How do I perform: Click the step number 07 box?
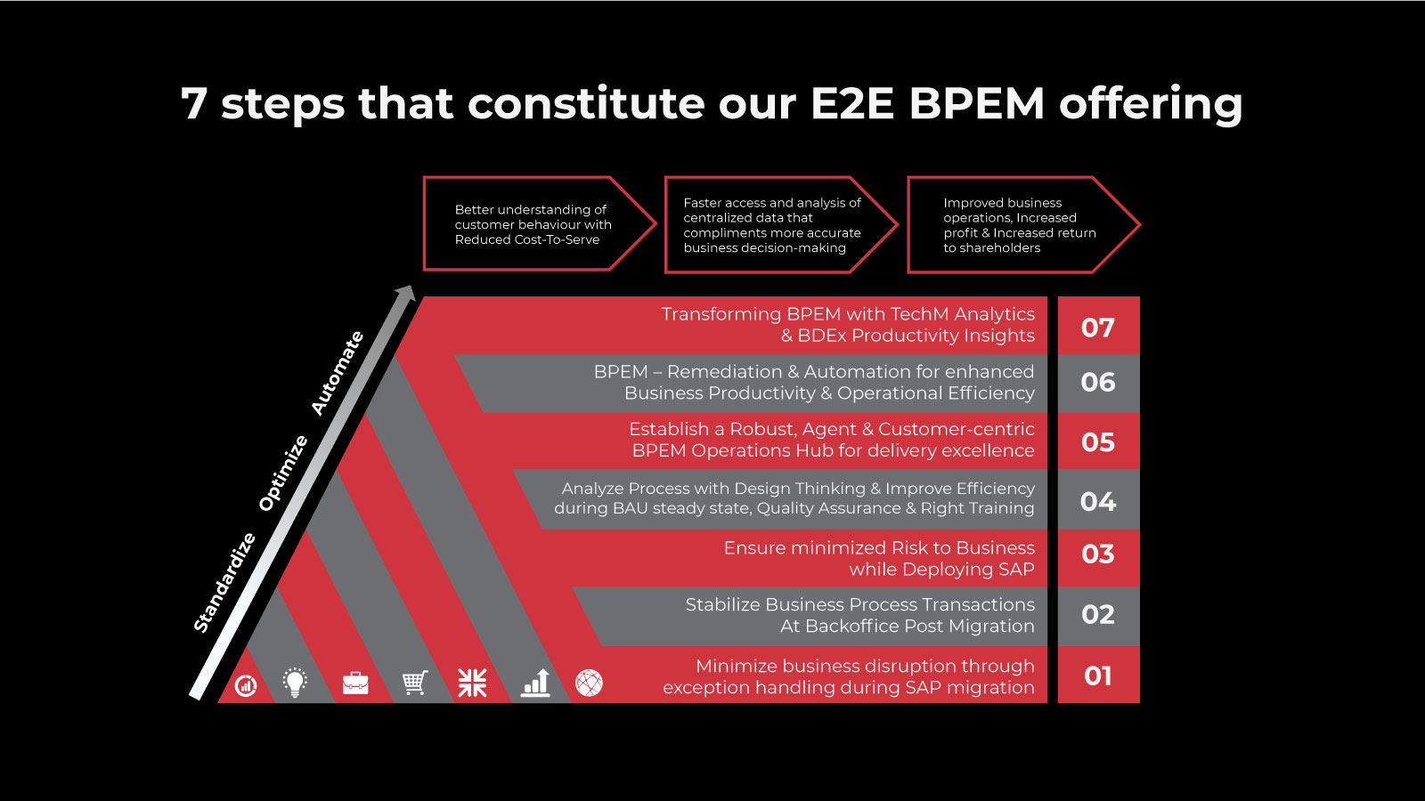tap(1099, 326)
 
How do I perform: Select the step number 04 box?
tap(1099, 499)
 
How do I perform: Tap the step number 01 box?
tap(1099, 676)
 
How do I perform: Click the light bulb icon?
tap(295, 683)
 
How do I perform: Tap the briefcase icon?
tap(355, 683)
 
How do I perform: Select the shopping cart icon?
tap(415, 683)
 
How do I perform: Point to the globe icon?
tap(589, 684)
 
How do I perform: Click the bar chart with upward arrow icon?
tap(535, 683)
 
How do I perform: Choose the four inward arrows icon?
tap(472, 683)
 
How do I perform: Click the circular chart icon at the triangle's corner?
tap(246, 685)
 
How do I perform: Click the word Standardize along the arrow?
tap(224, 583)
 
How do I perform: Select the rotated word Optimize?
tap(283, 473)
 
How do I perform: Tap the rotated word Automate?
tap(338, 373)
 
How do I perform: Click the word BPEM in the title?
tap(976, 103)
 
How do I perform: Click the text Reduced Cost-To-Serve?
tap(527, 239)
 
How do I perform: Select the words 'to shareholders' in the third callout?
tap(992, 248)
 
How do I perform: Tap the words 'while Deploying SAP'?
tap(941, 569)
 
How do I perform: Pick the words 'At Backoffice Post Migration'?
tap(908, 627)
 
